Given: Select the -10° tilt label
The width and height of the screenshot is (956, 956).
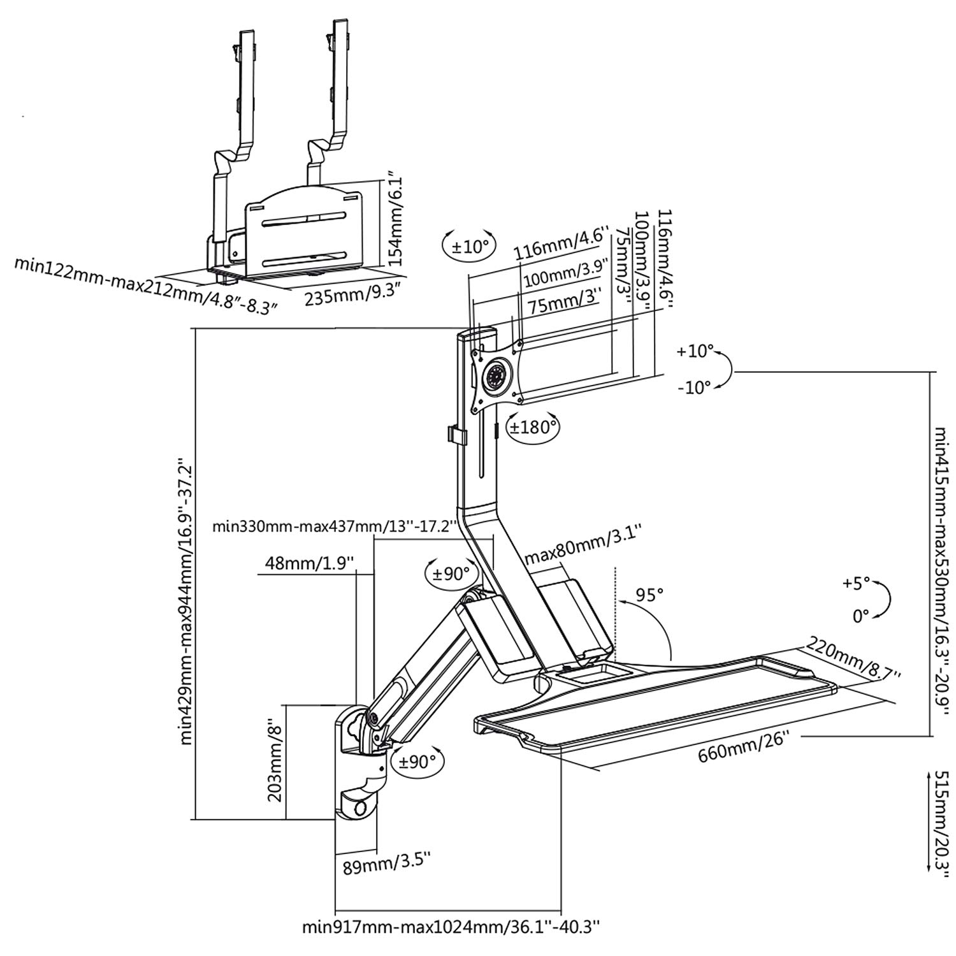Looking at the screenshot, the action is pyautogui.click(x=694, y=387).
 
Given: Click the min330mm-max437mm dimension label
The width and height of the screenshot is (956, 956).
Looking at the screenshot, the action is pyautogui.click(x=335, y=526).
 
